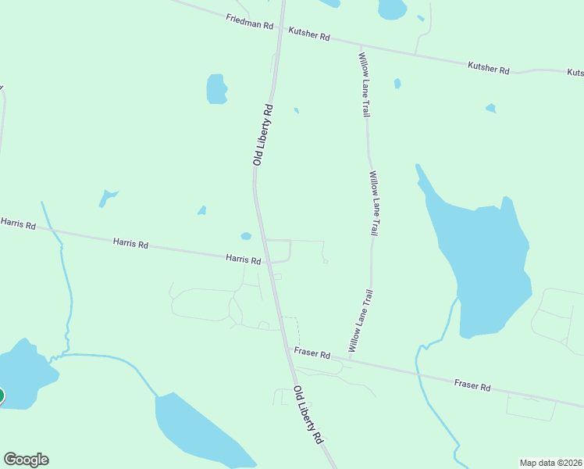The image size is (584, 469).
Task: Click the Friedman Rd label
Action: (x=250, y=21)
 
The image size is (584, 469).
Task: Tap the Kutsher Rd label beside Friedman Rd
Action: (x=309, y=36)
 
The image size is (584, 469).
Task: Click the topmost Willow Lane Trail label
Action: (x=364, y=84)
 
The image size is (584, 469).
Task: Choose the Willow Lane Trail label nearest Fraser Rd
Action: (x=360, y=320)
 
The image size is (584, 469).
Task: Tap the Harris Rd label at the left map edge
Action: (x=18, y=224)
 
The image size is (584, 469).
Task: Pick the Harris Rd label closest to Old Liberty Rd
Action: (x=244, y=259)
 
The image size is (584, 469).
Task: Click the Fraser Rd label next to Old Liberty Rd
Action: (x=312, y=353)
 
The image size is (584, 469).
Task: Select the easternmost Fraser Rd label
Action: (x=472, y=386)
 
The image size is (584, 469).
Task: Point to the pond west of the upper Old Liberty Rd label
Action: (x=216, y=88)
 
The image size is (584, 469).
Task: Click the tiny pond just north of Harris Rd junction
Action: (x=246, y=236)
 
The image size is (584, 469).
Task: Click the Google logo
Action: (x=26, y=460)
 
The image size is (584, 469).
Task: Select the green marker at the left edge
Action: (x=1, y=396)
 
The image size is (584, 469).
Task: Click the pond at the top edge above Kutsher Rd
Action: (x=392, y=9)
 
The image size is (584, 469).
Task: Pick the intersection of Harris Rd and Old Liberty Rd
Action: (x=266, y=261)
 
